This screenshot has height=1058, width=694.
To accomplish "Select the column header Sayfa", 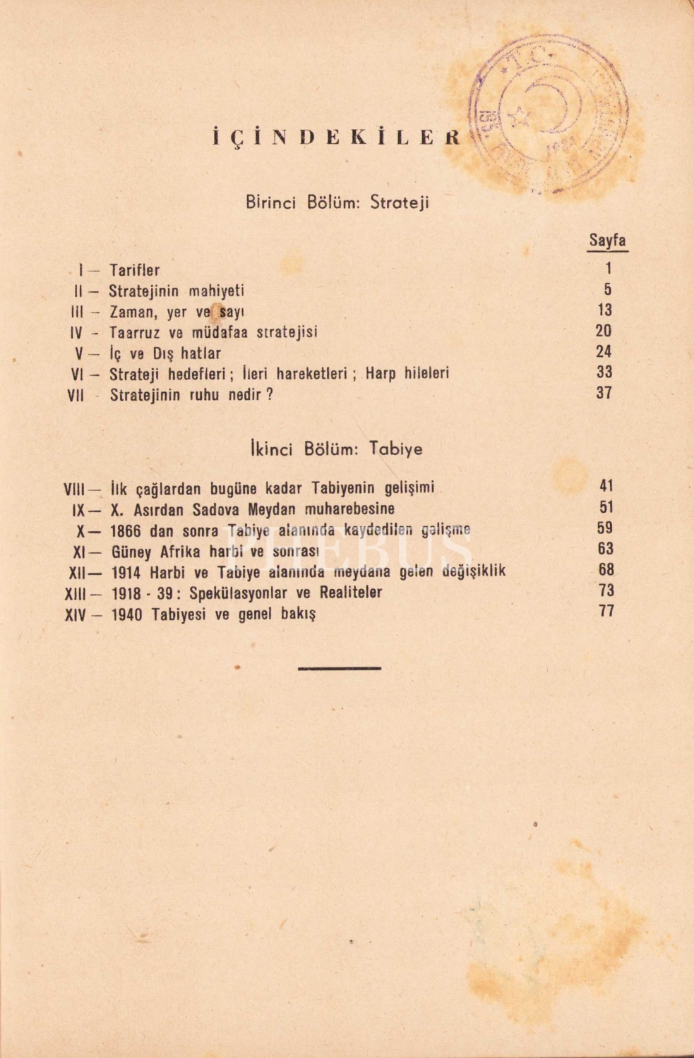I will [x=607, y=241].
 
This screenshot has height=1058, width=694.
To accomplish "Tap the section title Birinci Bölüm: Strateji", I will [x=337, y=203].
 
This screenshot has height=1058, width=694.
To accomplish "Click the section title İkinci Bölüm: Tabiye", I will [x=336, y=449].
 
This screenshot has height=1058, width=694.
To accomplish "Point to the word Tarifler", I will [x=134, y=270].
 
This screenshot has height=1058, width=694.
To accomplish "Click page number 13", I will [x=604, y=310].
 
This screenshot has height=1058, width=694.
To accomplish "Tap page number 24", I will [x=604, y=351].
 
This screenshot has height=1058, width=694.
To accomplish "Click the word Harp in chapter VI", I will [x=381, y=374].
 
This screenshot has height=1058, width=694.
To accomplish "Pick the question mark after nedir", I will [x=269, y=395].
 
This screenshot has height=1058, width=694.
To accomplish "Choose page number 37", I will [x=604, y=393].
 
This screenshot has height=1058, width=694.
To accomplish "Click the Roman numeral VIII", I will [x=75, y=489].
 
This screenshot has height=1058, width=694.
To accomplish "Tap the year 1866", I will [x=126, y=530].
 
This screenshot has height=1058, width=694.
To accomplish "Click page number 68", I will [x=606, y=569].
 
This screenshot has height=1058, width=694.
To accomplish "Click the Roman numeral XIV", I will [x=76, y=615].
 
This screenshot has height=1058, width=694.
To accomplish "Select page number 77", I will [x=606, y=611].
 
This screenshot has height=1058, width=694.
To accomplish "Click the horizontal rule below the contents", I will [x=340, y=667].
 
